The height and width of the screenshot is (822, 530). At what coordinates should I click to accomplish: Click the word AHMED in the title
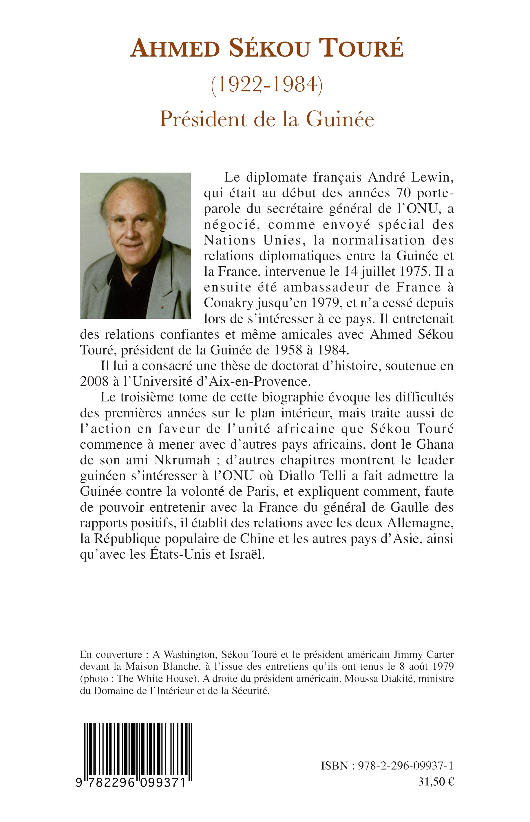tap(175, 49)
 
